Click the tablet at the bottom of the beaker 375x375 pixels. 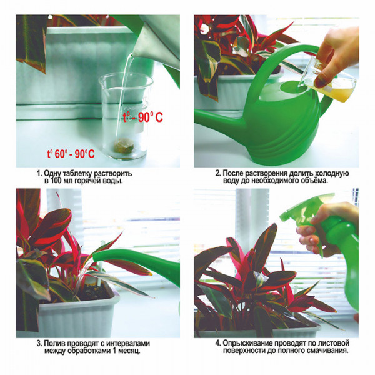tap(123, 146)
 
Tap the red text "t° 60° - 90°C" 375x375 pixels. tap(71, 154)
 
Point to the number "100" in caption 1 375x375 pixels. tap(56, 181)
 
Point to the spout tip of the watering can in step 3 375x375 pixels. tap(94, 257)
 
